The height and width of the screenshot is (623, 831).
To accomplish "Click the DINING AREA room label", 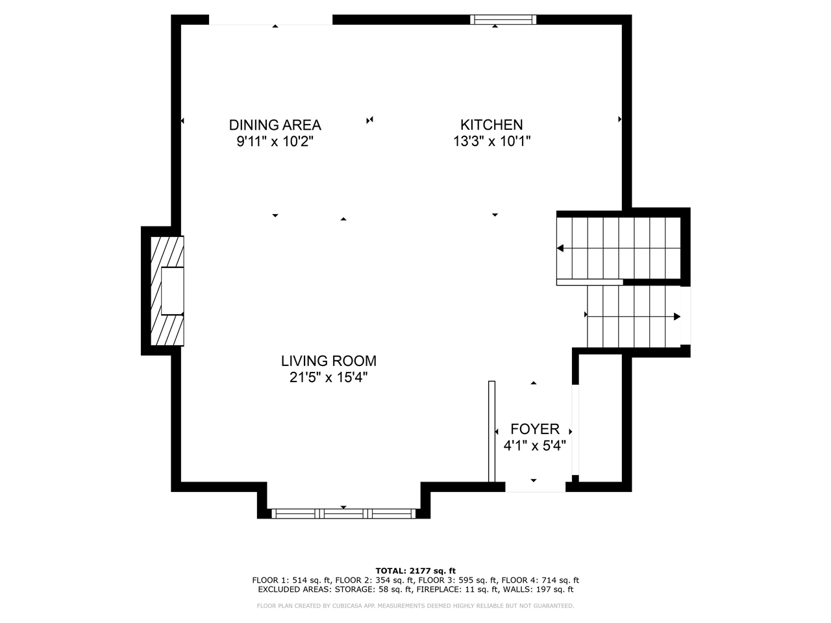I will coord(275,125).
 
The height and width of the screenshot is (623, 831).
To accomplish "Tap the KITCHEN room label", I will coord(491,125).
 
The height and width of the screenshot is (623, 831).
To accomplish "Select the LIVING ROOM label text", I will coord(329,361).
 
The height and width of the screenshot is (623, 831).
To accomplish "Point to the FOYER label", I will coord(534,429).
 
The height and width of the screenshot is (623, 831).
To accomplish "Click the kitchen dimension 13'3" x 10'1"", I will coord(491,141).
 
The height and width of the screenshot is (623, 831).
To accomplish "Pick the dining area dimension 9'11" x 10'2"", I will coord(275,141).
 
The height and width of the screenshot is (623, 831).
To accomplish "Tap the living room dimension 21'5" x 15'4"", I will coord(329,378).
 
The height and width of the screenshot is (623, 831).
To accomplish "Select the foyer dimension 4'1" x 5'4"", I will coord(534,446).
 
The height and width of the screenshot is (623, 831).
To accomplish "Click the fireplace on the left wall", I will coord(167,291).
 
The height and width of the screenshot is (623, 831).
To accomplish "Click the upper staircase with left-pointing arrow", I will coord(618,249).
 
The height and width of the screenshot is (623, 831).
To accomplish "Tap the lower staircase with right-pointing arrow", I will coord(633,317).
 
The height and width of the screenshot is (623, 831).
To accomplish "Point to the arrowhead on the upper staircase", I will coord(560,249).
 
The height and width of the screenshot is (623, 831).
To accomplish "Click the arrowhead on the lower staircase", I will coord(677,317).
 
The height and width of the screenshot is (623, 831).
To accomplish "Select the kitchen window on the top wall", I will coord(503,19).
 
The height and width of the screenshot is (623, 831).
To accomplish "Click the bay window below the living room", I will coord(343,513).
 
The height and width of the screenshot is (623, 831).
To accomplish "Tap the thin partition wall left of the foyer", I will coord(491,432).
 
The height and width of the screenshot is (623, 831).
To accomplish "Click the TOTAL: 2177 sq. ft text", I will coord(415,570).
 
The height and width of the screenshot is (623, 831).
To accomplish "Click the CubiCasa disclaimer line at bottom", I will coord(415,605).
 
